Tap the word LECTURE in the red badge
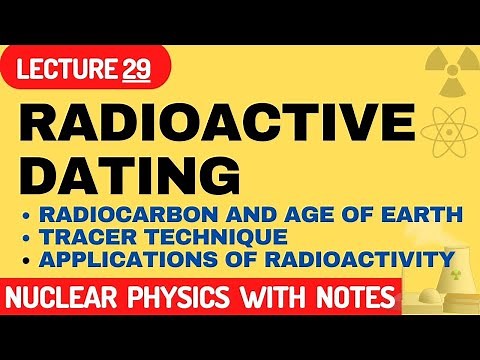pos(75,70)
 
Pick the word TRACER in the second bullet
pos(85,238)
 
